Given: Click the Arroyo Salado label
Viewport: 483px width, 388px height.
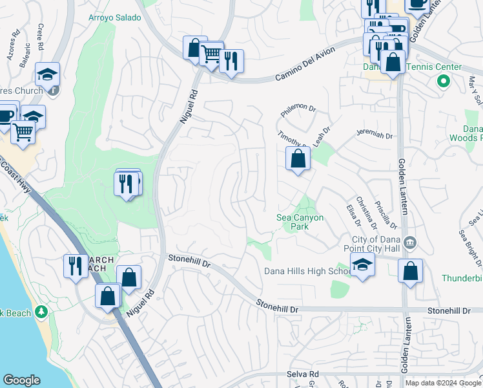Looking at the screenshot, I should coord(114,17).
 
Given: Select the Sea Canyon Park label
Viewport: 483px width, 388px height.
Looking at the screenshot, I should coord(300,222).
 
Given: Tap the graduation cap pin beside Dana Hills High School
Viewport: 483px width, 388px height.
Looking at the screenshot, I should coord(362,264).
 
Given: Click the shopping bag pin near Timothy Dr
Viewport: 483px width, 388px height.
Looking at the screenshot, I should coord(298,158).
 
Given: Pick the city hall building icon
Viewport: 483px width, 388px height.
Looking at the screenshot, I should coord(409,243).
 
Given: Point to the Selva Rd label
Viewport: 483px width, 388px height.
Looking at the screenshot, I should coord(303,374).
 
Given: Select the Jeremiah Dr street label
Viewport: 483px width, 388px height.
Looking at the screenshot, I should coord(375,135).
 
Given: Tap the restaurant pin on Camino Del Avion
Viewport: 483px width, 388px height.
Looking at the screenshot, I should coord(231,61).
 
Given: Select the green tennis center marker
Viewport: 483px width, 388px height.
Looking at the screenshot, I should coord(443,81).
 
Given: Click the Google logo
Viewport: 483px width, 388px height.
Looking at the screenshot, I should coord(22,380).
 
